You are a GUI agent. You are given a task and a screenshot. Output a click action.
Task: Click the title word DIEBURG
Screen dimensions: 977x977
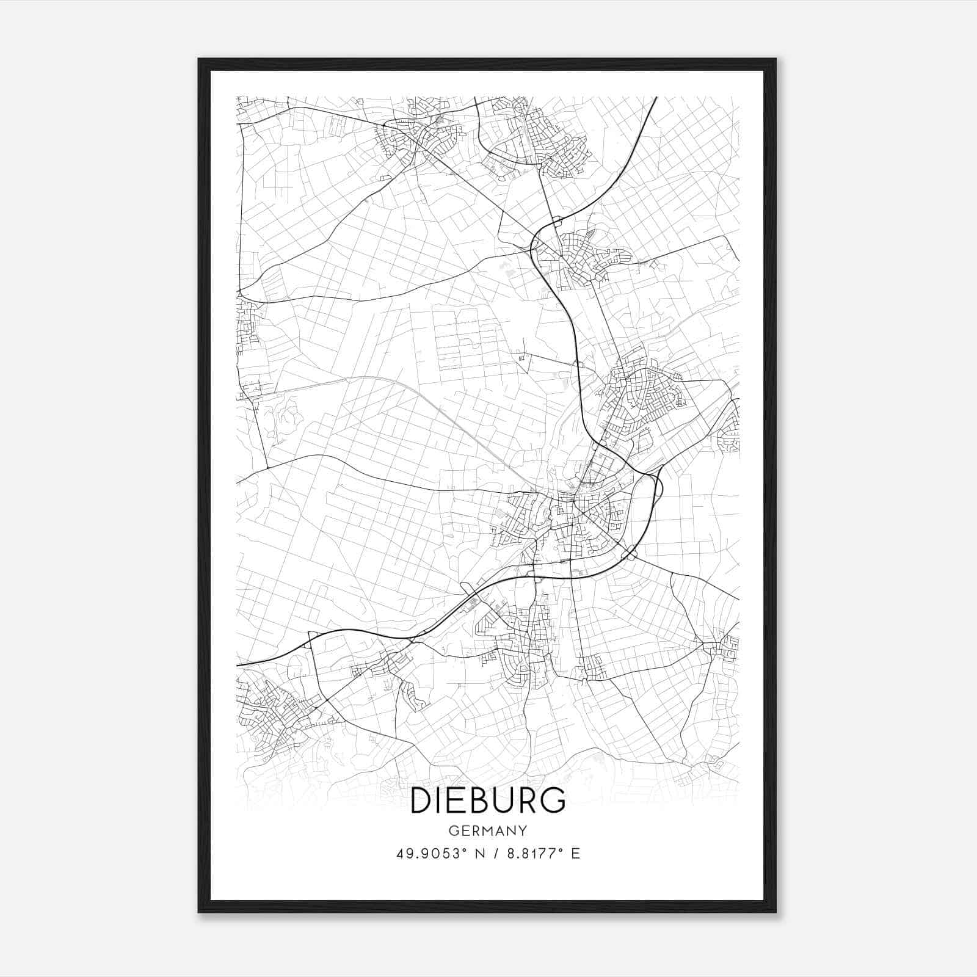pyautogui.click(x=488, y=801)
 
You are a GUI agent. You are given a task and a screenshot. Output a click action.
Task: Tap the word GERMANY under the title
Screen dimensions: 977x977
pyautogui.click(x=488, y=830)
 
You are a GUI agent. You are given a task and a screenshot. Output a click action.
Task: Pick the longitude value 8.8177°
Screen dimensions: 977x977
pyautogui.click(x=532, y=853)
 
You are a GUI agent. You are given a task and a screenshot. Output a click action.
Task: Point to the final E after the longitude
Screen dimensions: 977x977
pyautogui.click(x=575, y=853)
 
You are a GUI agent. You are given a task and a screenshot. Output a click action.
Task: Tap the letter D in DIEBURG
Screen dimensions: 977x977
pyautogui.click(x=422, y=801)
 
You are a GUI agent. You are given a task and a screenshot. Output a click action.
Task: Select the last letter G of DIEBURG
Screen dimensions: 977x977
pyautogui.click(x=552, y=801)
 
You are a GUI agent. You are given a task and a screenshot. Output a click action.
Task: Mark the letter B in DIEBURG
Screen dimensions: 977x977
pyautogui.click(x=476, y=801)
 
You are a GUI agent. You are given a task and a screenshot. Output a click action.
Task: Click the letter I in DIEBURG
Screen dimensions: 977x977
pyautogui.click(x=441, y=801)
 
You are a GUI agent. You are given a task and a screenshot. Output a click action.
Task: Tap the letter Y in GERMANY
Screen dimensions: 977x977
pyautogui.click(x=523, y=830)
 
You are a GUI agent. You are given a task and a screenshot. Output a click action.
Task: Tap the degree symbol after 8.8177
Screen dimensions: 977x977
pyautogui.click(x=561, y=849)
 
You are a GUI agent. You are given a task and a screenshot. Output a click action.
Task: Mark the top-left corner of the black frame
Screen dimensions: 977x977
pyautogui.click(x=199, y=59)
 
